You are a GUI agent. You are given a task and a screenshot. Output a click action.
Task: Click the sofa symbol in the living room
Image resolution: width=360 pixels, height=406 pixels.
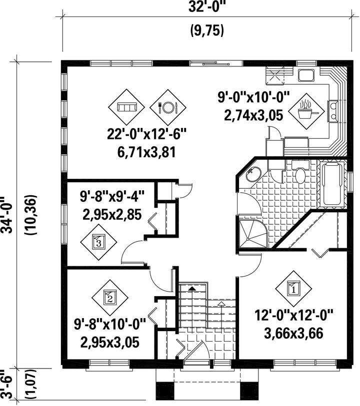(126, 107)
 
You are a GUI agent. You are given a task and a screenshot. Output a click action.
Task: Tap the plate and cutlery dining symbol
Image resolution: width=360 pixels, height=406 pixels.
(168, 107)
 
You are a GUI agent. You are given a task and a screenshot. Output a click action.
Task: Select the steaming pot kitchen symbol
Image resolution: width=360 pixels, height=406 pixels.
(306, 111)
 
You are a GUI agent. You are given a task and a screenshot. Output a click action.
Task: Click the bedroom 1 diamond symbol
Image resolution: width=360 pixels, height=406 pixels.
(293, 289)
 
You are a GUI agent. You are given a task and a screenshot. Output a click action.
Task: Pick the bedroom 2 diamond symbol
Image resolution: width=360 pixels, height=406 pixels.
(110, 298)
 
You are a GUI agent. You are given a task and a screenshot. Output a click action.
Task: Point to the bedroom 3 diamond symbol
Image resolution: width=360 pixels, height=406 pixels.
(98, 242)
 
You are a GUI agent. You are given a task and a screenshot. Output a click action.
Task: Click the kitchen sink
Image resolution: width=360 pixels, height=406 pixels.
(306, 75)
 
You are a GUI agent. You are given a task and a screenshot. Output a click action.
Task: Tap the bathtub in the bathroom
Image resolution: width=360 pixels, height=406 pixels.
(332, 184)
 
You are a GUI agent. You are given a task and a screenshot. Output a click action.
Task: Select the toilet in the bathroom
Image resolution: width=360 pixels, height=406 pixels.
(300, 173)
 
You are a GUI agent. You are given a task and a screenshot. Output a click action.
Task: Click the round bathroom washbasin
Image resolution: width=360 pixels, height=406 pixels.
(253, 174)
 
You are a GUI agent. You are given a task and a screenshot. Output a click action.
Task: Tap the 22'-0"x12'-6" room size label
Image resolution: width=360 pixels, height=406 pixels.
(147, 135)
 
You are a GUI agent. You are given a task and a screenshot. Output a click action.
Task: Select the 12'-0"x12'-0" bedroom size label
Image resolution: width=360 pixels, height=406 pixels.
(293, 316)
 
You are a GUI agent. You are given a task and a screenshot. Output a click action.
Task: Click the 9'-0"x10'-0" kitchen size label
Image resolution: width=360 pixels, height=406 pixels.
(253, 97)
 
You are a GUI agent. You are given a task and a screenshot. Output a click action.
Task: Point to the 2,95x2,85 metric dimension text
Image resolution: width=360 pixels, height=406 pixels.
(112, 214)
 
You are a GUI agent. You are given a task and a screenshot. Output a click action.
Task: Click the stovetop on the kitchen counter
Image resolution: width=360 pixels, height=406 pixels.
(333, 111)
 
